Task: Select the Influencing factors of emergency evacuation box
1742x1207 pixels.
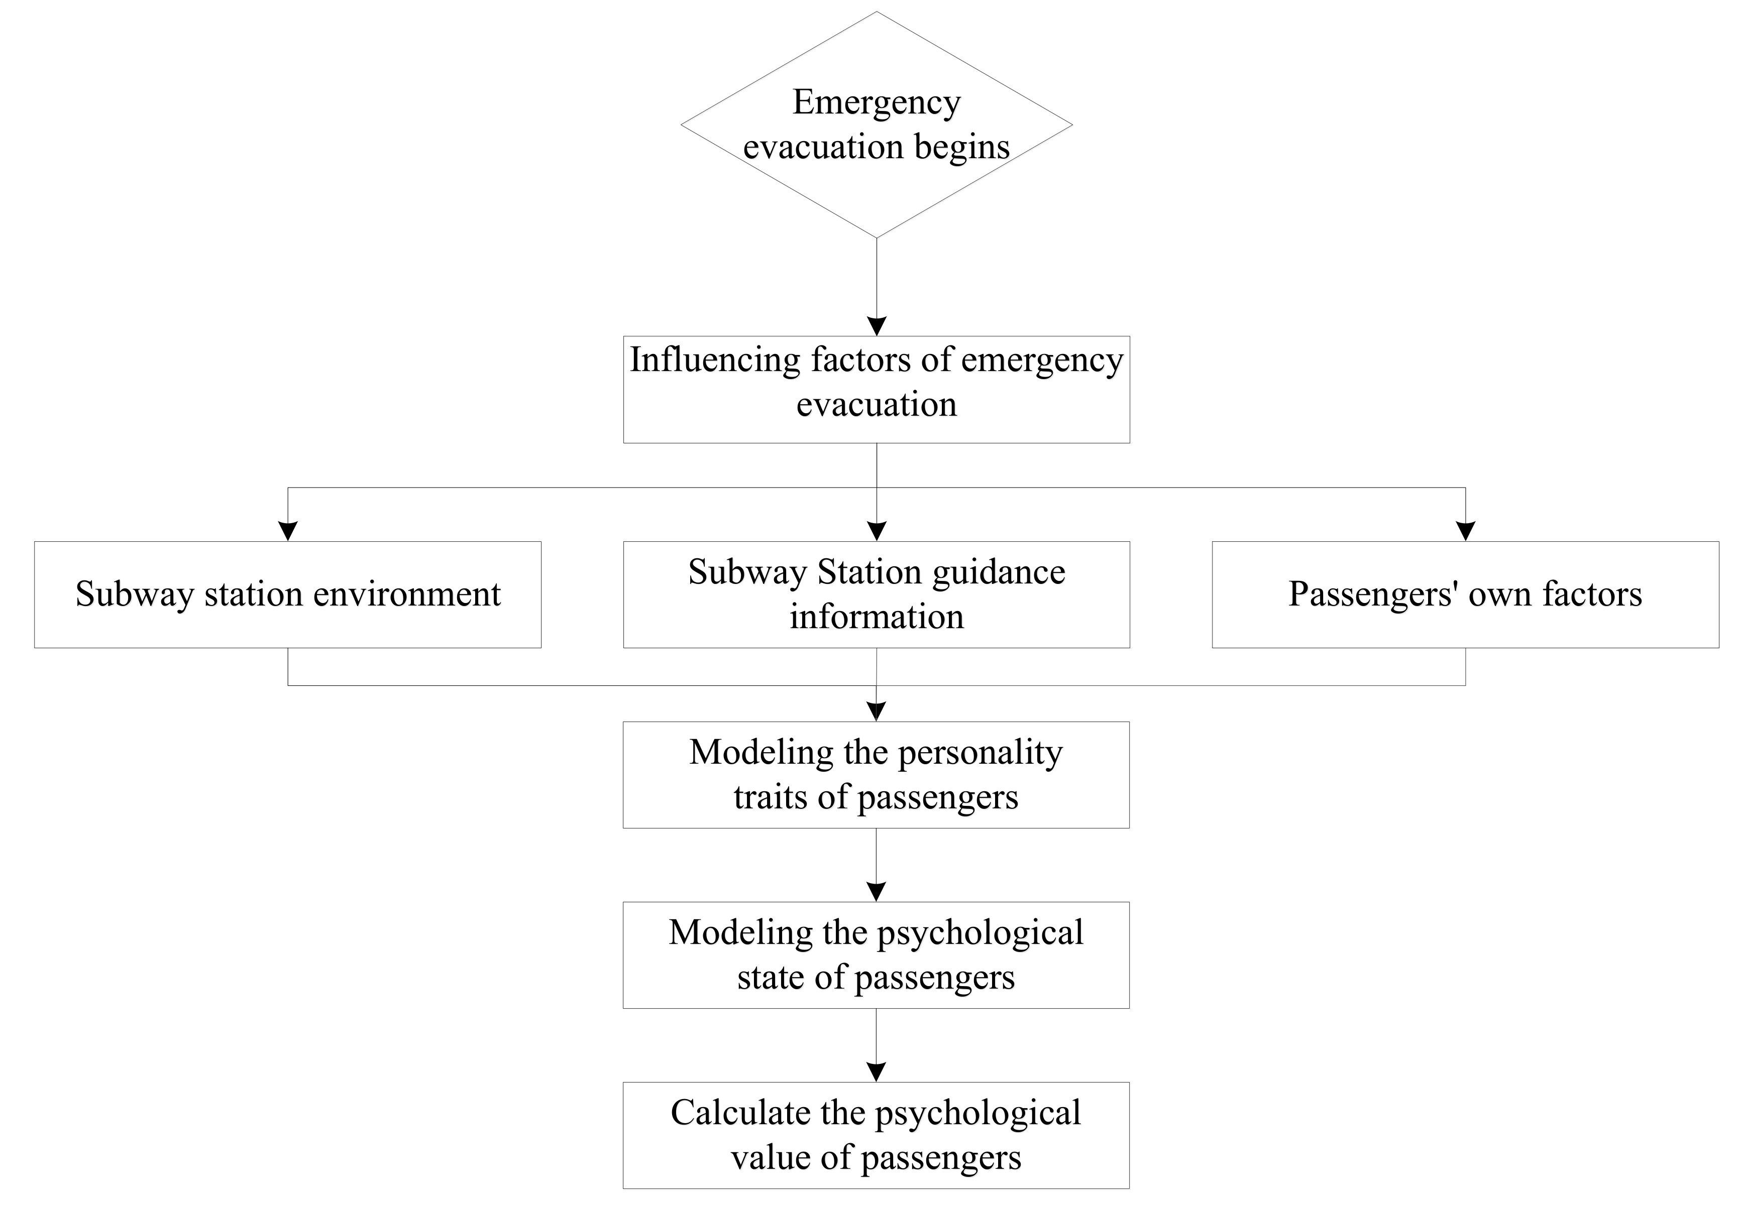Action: [x=876, y=390]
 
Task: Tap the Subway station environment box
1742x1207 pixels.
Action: [x=287, y=594]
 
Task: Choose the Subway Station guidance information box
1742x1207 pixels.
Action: [x=876, y=594]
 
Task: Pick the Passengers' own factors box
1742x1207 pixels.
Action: [x=1465, y=594]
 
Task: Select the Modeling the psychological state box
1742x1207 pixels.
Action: [x=876, y=954]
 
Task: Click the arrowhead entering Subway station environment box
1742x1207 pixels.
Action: [x=287, y=532]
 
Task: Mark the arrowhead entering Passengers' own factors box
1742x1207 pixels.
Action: [x=1465, y=532]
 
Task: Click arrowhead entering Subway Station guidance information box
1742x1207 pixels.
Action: [x=876, y=532]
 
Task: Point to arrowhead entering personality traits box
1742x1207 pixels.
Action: [x=876, y=711]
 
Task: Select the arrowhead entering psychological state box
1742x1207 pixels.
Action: [x=876, y=892]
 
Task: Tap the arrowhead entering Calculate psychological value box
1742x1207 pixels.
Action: [x=876, y=1072]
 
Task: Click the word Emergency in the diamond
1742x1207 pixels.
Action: [x=876, y=102]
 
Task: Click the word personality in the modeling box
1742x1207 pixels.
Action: [x=979, y=753]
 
